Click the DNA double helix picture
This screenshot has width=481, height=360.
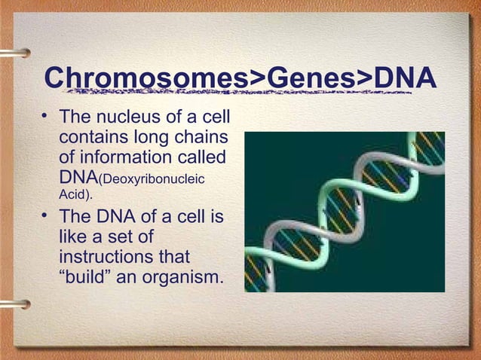344,212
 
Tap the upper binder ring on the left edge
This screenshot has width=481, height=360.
14,53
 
